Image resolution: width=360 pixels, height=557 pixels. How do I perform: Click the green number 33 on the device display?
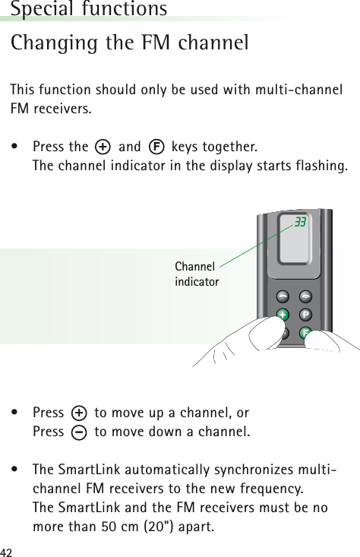pyautogui.click(x=300, y=222)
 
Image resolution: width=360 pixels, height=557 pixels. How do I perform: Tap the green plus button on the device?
pyautogui.click(x=283, y=314)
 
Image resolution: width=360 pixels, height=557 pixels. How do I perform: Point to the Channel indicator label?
pyautogui.click(x=197, y=274)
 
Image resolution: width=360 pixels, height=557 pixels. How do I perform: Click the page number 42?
pyautogui.click(x=8, y=549)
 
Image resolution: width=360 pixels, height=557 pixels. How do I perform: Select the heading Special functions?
pyautogui.click(x=89, y=9)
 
